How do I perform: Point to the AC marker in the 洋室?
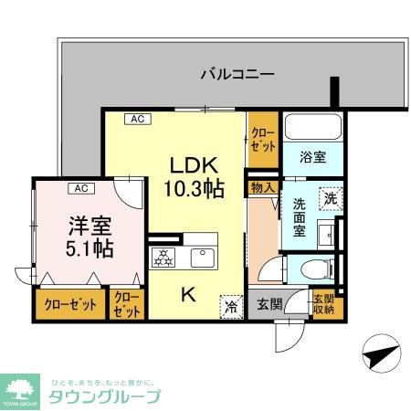[80, 188]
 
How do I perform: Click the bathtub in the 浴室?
[311, 128]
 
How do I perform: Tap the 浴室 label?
[312, 156]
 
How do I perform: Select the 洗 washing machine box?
[329, 196]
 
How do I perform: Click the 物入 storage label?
[262, 187]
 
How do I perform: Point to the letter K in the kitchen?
[186, 294]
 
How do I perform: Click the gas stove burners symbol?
[164, 258]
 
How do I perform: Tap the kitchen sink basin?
[204, 257]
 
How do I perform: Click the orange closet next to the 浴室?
[262, 140]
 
